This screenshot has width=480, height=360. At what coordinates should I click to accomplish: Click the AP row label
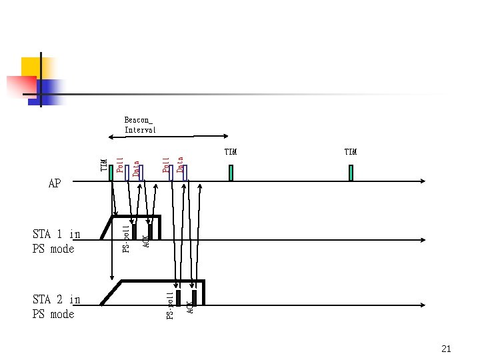click(55, 183)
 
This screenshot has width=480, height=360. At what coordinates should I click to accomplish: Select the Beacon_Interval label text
click(140, 125)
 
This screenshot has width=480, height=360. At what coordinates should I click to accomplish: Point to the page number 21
click(446, 349)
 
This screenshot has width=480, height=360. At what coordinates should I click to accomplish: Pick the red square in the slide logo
click(21, 86)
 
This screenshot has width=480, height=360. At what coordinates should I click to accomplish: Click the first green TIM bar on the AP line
click(111, 173)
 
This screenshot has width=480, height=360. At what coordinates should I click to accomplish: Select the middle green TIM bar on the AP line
click(231, 173)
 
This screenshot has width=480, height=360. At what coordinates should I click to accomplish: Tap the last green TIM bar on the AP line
click(351, 173)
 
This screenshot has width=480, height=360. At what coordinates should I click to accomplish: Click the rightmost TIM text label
click(351, 152)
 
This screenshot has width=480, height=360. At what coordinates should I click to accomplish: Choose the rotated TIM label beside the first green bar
click(104, 165)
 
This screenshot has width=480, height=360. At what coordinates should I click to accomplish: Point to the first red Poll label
click(120, 165)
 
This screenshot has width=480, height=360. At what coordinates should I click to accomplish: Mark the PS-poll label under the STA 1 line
click(126, 239)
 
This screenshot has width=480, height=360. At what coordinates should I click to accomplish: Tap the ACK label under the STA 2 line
click(190, 307)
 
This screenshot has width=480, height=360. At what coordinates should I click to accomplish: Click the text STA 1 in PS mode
click(56, 241)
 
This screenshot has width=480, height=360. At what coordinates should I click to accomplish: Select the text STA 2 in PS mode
click(56, 307)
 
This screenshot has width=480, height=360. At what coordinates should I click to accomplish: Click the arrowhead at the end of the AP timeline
click(423, 181)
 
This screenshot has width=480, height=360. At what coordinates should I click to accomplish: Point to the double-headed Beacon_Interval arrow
click(169, 137)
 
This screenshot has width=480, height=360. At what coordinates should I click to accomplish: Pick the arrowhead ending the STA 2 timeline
click(423, 305)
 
